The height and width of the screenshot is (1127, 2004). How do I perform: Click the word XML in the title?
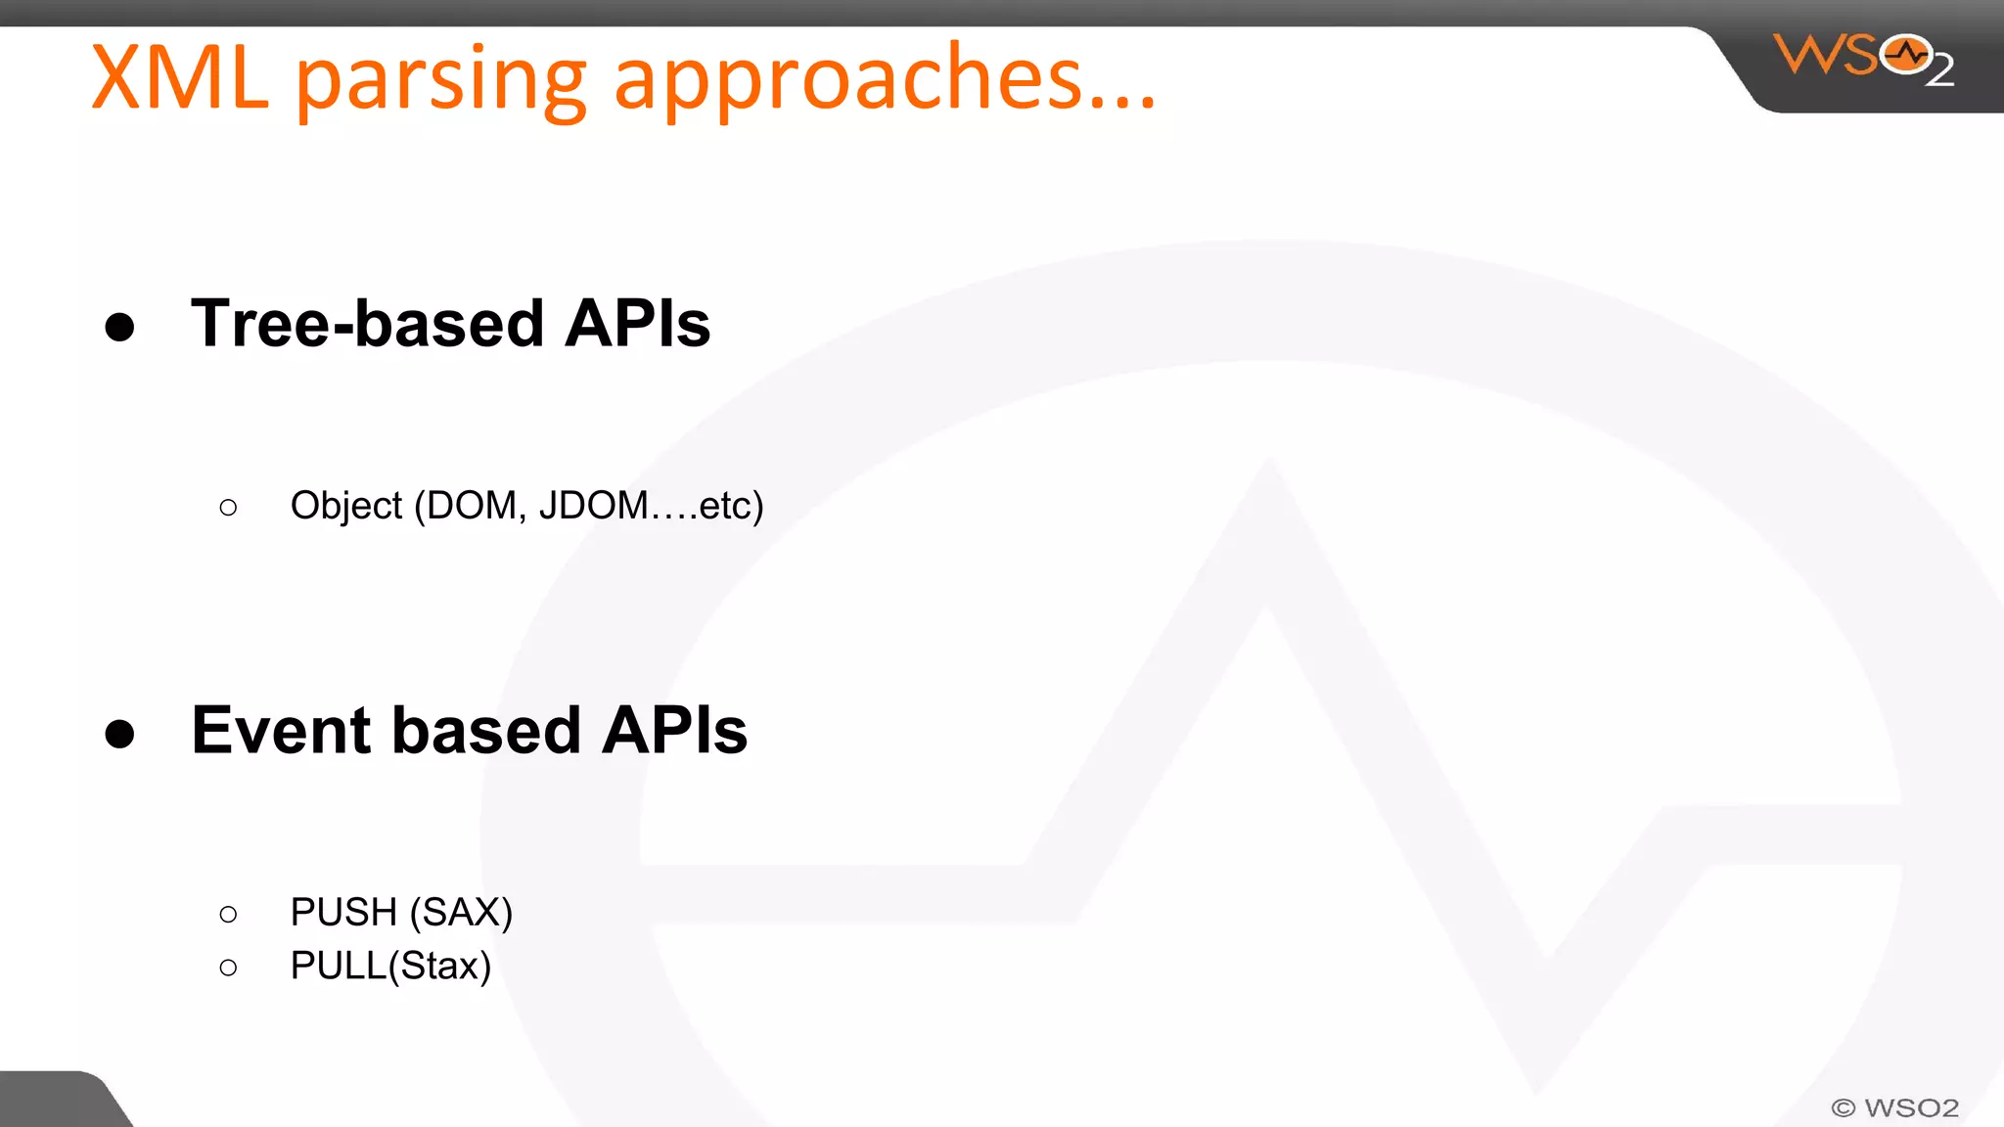(x=180, y=78)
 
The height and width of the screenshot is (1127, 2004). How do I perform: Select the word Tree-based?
(x=367, y=324)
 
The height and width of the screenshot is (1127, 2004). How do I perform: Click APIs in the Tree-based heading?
(x=638, y=324)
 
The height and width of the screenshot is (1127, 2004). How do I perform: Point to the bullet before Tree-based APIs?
(x=119, y=327)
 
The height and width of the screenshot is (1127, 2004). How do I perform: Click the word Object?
(x=345, y=506)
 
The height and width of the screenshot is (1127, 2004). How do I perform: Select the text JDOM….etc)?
(x=651, y=506)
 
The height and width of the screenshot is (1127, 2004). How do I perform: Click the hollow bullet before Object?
(x=228, y=508)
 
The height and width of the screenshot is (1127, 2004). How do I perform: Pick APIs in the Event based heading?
(x=674, y=731)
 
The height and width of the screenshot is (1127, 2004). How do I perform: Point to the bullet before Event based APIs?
(x=119, y=734)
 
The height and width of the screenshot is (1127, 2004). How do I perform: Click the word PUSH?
(x=342, y=912)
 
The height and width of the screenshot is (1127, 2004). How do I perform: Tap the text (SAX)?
(x=461, y=912)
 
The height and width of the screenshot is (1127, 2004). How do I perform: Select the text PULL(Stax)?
(x=390, y=966)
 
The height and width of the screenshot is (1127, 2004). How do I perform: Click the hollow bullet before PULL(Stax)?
(x=228, y=969)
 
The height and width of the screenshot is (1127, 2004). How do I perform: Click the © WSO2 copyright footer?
(x=1895, y=1107)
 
